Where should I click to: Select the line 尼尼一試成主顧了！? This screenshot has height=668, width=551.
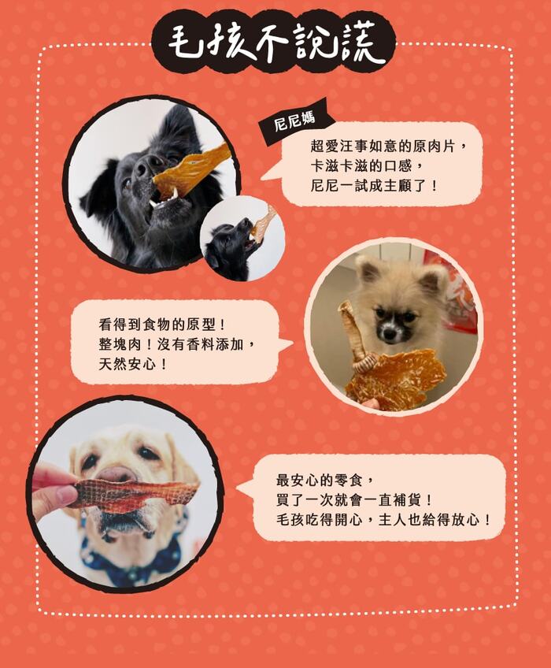pos(374,185)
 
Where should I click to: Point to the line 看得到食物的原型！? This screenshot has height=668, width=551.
pos(162,325)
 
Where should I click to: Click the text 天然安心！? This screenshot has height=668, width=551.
pos(133,364)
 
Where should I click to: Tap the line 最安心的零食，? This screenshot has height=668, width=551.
pos(326,480)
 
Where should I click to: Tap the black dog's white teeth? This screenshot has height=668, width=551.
pos(164,198)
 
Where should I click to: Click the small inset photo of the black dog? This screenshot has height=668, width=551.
pos(242,239)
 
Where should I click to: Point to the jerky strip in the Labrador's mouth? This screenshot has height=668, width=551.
pos(134,494)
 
